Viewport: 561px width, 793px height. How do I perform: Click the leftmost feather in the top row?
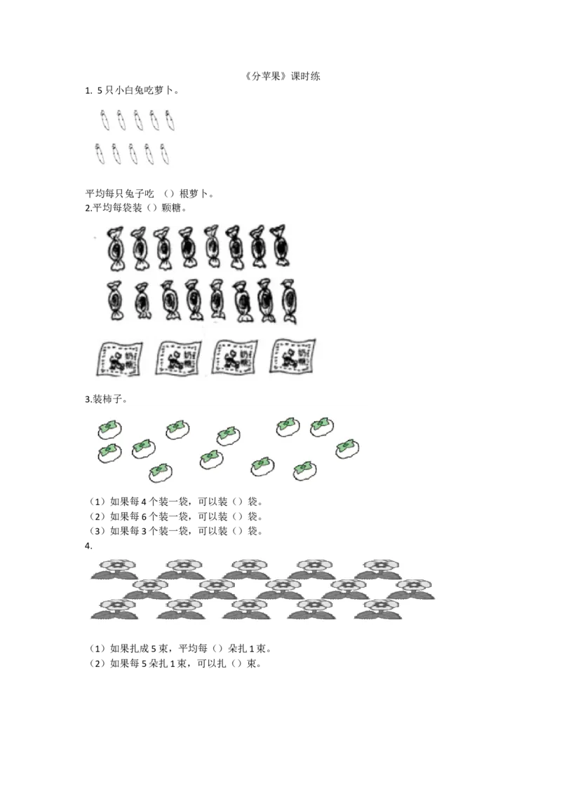(104, 120)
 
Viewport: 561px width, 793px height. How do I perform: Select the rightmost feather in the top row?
(170, 120)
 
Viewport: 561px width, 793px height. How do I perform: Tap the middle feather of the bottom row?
(133, 153)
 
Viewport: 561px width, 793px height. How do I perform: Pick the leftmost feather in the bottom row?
(100, 153)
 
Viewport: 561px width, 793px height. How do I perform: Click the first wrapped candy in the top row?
(114, 247)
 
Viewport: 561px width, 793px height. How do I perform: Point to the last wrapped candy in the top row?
(280, 246)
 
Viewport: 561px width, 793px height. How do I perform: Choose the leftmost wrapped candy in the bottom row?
(114, 301)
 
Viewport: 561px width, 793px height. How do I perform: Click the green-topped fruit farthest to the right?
(346, 448)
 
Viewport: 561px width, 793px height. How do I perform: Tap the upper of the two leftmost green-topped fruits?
(109, 428)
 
